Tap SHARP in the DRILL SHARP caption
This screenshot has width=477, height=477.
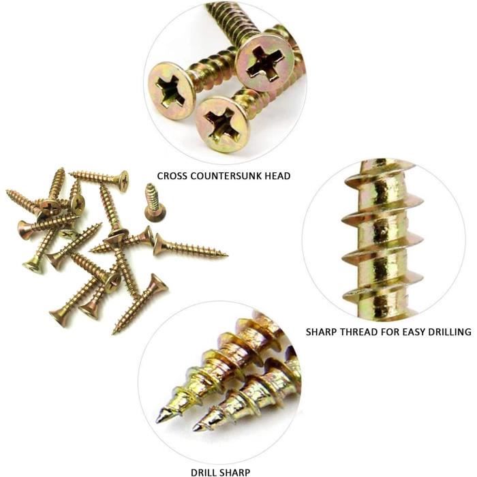pyautogui.click(x=235, y=472)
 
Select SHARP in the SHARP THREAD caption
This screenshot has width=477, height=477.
pyautogui.click(x=321, y=332)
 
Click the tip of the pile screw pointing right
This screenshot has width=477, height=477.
pyautogui.click(x=227, y=254)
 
